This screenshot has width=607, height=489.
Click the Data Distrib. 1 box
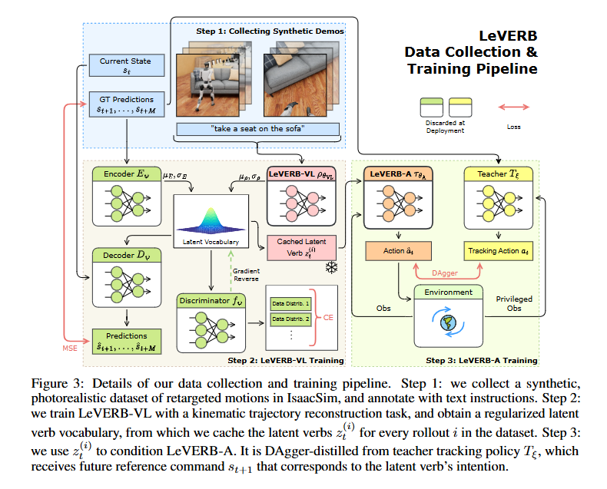pyautogui.click(x=290, y=303)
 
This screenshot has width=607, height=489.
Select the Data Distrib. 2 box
pyautogui.click(x=290, y=319)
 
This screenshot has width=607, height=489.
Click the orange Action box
pyautogui.click(x=399, y=250)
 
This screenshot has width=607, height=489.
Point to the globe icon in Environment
pyautogui.click(x=444, y=323)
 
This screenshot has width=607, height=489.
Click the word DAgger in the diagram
pyautogui.click(x=447, y=272)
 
